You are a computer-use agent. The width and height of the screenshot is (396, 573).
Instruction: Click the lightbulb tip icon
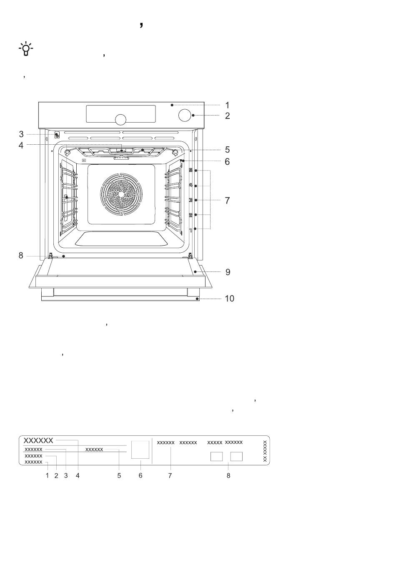pyautogui.click(x=25, y=49)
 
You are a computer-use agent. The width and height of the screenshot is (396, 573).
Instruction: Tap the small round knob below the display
pyautogui.click(x=120, y=119)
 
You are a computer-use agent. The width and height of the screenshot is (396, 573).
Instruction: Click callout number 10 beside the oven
pyautogui.click(x=229, y=299)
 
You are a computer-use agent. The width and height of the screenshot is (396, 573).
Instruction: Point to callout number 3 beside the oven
pyautogui.click(x=21, y=134)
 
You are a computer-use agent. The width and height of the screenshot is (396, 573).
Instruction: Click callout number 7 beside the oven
pyautogui.click(x=227, y=200)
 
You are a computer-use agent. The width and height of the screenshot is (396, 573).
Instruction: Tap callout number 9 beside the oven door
pyautogui.click(x=228, y=272)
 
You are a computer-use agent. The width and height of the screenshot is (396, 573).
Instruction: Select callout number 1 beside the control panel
pyautogui.click(x=227, y=105)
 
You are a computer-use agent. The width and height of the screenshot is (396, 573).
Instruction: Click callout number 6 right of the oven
pyautogui.click(x=227, y=162)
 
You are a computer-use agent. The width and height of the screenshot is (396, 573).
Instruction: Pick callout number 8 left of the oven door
pyautogui.click(x=21, y=255)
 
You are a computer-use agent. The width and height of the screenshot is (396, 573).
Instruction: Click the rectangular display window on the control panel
pyautogui.click(x=120, y=114)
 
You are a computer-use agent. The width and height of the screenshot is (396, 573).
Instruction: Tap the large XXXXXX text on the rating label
pyautogui.click(x=38, y=440)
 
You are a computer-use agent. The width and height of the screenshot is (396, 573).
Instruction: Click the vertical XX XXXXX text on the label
pyautogui.click(x=265, y=451)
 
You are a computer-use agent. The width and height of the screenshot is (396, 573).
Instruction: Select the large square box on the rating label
pyautogui.click(x=140, y=450)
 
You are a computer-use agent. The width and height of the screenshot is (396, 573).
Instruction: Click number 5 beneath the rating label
pyautogui.click(x=119, y=475)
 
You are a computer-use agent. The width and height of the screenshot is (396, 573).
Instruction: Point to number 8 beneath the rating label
pyautogui.click(x=228, y=475)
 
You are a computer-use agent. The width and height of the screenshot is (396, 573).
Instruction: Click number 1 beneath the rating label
pyautogui.click(x=47, y=475)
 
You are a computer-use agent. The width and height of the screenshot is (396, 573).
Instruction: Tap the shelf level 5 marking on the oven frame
pyautogui.click(x=190, y=170)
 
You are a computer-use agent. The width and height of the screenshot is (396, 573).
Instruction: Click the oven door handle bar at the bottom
pyautogui.click(x=120, y=298)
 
